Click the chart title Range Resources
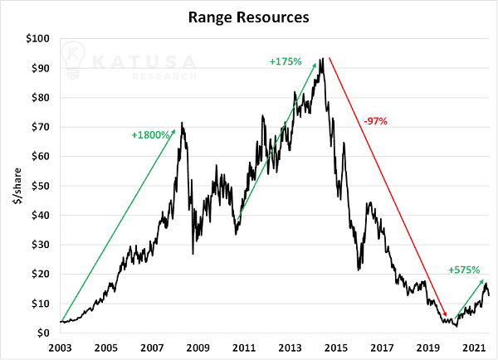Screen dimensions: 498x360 tap(248, 17)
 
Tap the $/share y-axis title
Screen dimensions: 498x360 tap(17, 186)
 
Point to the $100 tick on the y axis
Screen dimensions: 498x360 tap(38, 39)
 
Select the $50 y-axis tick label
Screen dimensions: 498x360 tap(41, 186)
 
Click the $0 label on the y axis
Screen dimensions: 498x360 tap(43, 333)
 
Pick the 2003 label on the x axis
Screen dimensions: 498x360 tap(60, 348)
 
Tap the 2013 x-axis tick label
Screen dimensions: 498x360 tap(290, 348)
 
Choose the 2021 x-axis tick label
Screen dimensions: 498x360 tap(474, 348)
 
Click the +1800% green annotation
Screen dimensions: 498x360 tap(150, 135)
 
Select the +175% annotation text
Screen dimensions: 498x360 tap(286, 61)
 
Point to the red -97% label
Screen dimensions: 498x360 tap(376, 121)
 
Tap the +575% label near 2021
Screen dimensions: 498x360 tap(464, 270)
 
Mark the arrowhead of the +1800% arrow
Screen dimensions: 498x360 tap(173, 131)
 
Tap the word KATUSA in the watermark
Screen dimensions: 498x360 tap(144, 61)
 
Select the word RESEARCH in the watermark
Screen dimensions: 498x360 tap(164, 76)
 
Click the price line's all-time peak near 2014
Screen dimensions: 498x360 tap(323, 58)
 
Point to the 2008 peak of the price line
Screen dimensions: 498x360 tap(182, 122)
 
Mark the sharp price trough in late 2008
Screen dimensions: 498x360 tap(193, 254)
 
